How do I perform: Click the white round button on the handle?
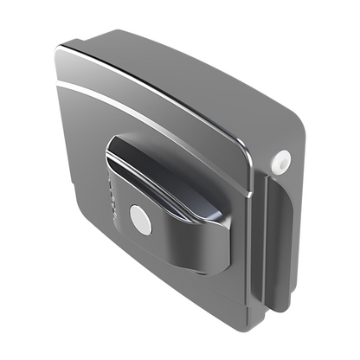tap(140, 220)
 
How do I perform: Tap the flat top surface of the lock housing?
tap(173, 69)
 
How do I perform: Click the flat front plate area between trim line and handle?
tap(95, 138)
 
